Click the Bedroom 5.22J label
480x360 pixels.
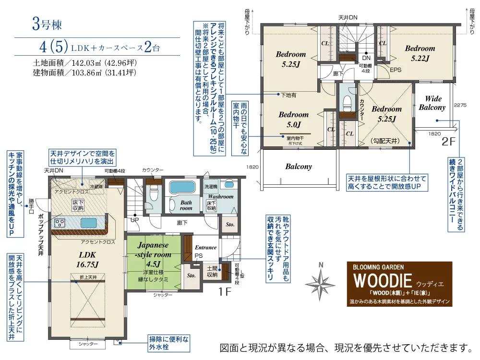tap(420, 53)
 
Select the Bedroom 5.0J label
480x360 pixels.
tap(293, 120)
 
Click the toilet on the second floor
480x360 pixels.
tap(347, 102)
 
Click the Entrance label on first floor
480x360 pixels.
tap(205, 248)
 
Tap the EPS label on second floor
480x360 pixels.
tap(395, 70)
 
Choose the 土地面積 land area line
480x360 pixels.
tap(84, 62)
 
